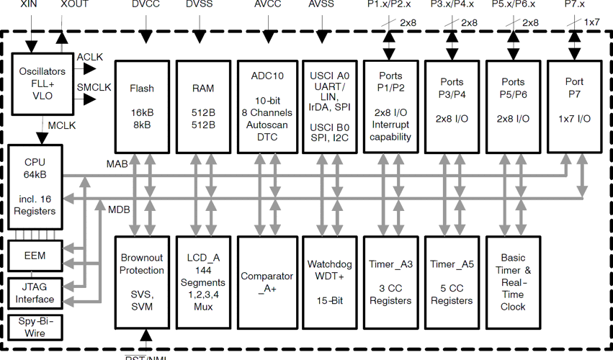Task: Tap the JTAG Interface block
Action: pyautogui.click(x=35, y=293)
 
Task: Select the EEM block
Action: pyautogui.click(x=35, y=255)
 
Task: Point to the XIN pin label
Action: pyautogui.click(x=30, y=5)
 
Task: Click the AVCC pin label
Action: pyautogui.click(x=268, y=5)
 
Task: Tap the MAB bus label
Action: pyautogui.click(x=117, y=164)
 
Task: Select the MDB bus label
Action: pyautogui.click(x=119, y=210)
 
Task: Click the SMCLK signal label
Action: pyautogui.click(x=94, y=87)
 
